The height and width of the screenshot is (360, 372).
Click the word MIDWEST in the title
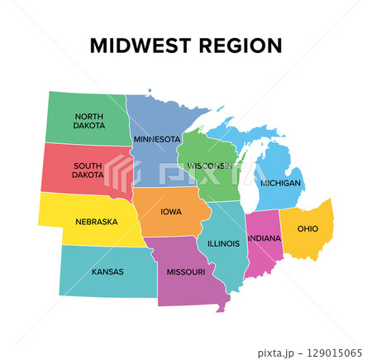tap(138, 45)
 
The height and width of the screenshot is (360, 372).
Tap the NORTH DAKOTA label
tap(89, 121)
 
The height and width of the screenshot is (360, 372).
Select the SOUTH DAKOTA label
tap(88, 170)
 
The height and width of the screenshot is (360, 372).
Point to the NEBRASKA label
tap(96, 222)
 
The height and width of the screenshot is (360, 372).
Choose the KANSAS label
tap(107, 271)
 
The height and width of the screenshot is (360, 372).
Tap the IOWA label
tap(171, 211)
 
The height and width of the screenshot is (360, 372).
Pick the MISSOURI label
tap(186, 271)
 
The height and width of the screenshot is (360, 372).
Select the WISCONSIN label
tap(210, 166)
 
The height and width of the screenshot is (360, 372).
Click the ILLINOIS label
tap(223, 243)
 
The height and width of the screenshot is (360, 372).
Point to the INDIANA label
tap(265, 238)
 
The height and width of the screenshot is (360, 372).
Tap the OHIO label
tap(308, 228)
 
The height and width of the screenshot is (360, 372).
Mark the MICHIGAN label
tap(280, 182)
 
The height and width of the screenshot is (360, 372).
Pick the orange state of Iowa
tap(171, 223)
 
